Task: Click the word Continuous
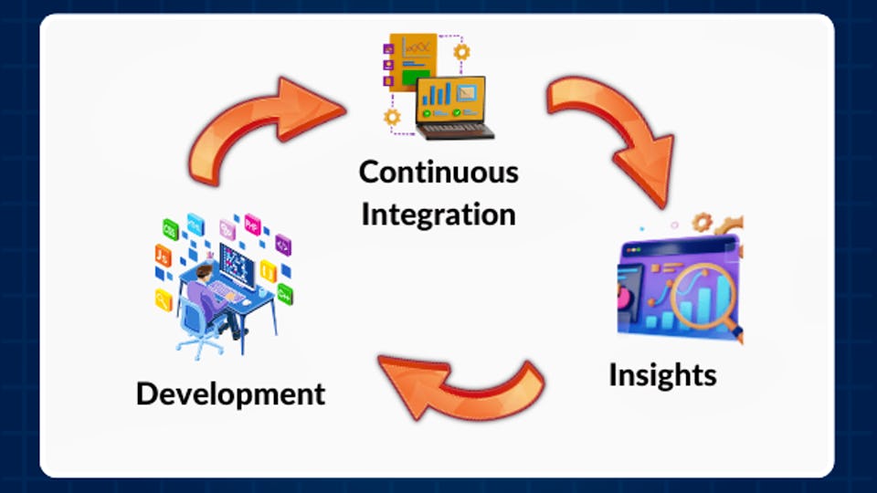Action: [438, 172]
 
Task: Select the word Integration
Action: [438, 214]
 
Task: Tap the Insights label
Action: [662, 374]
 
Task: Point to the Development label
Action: [230, 393]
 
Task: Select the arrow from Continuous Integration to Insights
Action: [621, 132]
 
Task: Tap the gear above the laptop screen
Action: [461, 52]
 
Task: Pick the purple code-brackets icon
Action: [282, 245]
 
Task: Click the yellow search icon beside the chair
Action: [164, 298]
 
